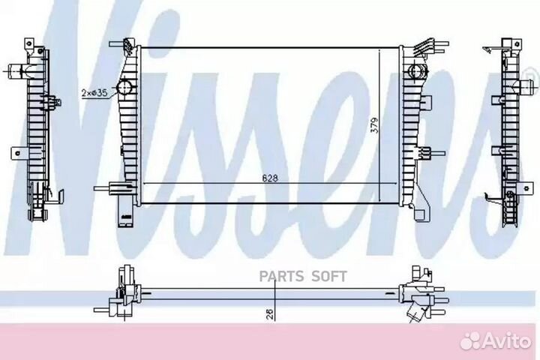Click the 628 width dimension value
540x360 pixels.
[270, 178]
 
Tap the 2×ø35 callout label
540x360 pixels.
[94, 93]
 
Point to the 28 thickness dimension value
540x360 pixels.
[270, 313]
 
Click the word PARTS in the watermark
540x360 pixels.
[282, 276]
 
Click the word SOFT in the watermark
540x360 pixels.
[329, 276]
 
